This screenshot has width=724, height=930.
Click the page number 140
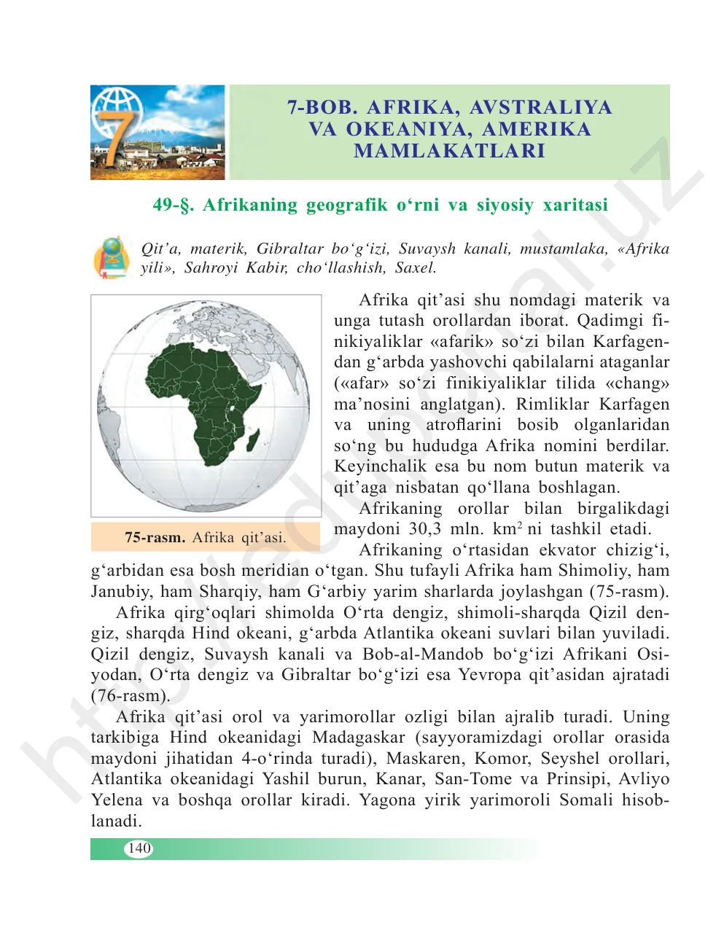pos(139,848)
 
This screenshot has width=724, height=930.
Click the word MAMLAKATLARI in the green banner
pos(450,151)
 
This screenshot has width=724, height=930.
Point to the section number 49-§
pos(174,205)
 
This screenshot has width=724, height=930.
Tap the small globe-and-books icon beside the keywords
pos(112,257)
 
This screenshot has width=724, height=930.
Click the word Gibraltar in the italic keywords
pos(289,249)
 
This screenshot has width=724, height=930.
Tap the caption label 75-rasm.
pos(155,538)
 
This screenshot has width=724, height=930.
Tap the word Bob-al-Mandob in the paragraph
pos(423,654)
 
